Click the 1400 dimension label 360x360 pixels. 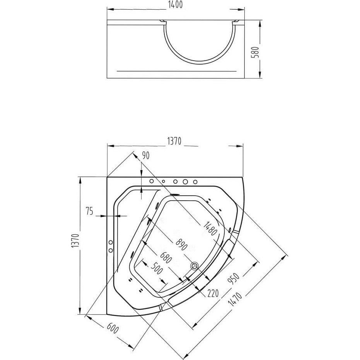(x=176, y=5)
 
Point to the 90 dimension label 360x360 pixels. (x=145, y=155)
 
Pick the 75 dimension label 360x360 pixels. (x=90, y=211)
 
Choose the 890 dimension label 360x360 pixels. (x=182, y=245)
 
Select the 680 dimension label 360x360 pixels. (x=166, y=258)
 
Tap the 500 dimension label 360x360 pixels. (x=157, y=268)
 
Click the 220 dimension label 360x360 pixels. (x=213, y=293)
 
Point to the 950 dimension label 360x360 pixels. (x=233, y=279)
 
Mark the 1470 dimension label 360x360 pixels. (x=235, y=299)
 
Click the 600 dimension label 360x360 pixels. (x=113, y=328)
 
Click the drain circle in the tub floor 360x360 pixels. (x=194, y=266)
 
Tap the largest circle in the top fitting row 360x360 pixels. (x=185, y=182)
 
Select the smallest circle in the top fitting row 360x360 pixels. (x=164, y=181)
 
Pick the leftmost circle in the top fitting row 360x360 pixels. (x=152, y=181)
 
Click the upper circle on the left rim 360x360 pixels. (x=111, y=242)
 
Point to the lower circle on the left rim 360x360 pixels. (x=111, y=250)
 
